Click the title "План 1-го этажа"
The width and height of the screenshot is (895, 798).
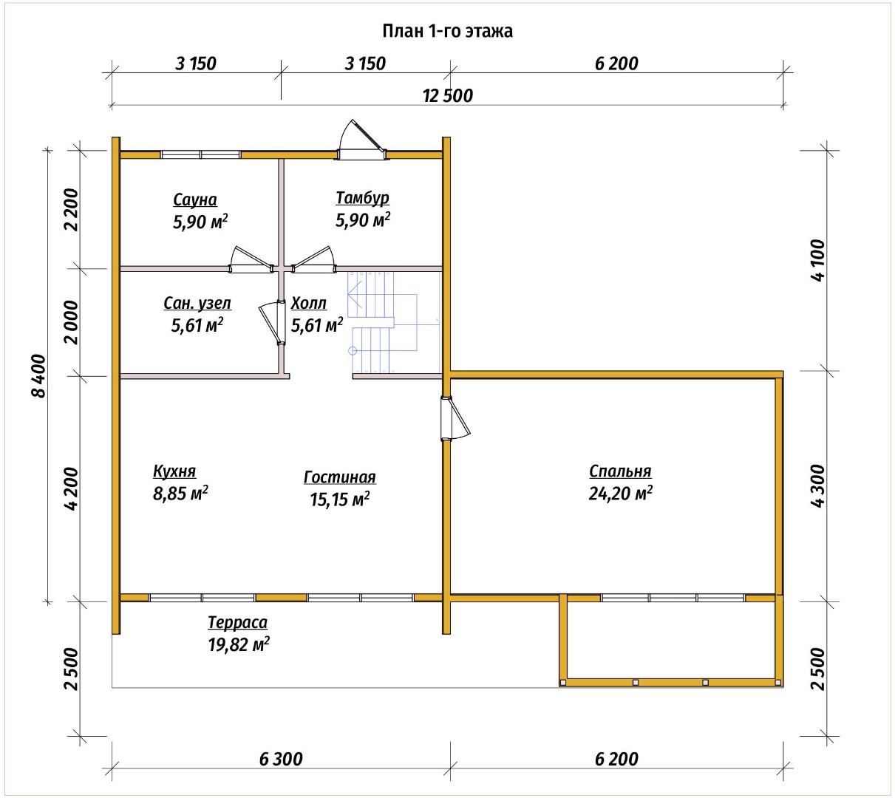tap(447, 31)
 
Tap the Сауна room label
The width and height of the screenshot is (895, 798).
tap(195, 200)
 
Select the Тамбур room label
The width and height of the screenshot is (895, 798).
tap(362, 198)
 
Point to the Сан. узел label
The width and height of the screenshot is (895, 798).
tap(197, 304)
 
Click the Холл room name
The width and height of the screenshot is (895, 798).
tap(308, 304)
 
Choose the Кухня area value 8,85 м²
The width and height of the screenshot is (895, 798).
tap(180, 493)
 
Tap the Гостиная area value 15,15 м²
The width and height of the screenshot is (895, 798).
tap(339, 499)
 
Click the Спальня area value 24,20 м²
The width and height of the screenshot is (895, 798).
tap(620, 493)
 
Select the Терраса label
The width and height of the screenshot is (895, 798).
tap(238, 622)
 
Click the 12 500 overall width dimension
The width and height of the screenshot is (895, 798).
tap(448, 96)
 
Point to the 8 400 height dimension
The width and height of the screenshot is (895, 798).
tap(39, 376)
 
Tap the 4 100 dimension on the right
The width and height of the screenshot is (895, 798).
tap(817, 261)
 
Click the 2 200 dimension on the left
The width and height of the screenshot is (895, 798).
tap(71, 210)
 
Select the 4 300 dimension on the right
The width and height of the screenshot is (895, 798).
tap(817, 485)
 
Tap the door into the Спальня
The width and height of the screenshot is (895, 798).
tap(455, 417)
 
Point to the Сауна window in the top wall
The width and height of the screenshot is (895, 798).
tap(200, 154)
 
